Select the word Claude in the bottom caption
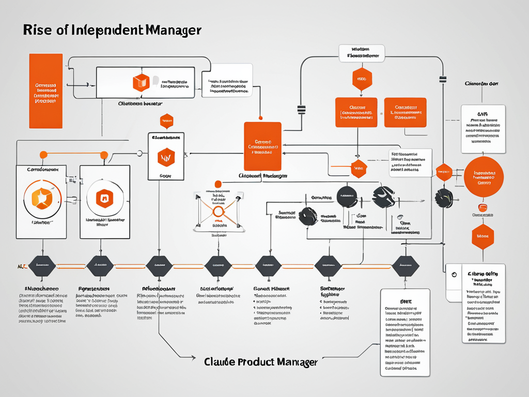coord(220,362)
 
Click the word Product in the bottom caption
coord(257,362)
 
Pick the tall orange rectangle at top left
coord(46,91)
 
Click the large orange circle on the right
coord(484,176)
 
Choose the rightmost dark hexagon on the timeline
coord(406,266)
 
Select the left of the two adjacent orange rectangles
coord(356,112)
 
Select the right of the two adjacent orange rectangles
coord(406,112)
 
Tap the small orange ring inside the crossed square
coord(217,211)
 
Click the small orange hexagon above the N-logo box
coord(166,121)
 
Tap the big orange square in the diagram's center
coord(262,146)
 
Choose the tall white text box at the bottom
coord(405,332)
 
